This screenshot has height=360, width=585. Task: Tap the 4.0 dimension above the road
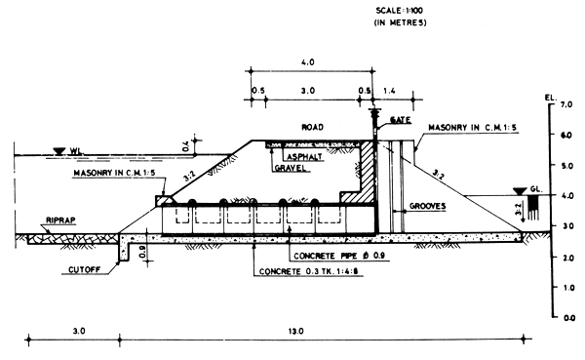click(310, 62)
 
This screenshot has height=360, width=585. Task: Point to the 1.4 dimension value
click(390, 90)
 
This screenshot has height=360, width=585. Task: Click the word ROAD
click(312, 128)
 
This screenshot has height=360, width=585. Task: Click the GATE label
click(401, 120)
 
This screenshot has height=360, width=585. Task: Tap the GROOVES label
click(428, 207)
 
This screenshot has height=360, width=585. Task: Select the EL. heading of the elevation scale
click(555, 98)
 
